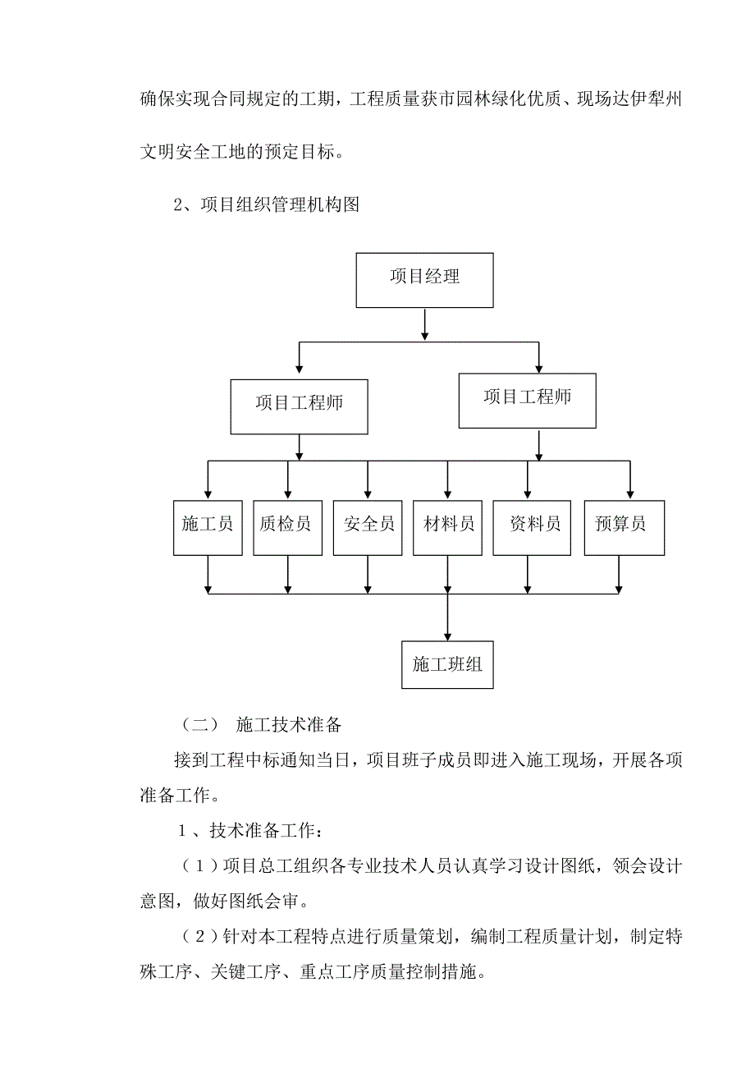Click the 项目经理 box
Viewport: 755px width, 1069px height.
(x=424, y=281)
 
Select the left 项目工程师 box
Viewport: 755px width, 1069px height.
(x=299, y=406)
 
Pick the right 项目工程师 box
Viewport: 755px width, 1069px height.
(x=527, y=401)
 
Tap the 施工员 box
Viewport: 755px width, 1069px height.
(x=208, y=526)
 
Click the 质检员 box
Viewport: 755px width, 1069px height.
(x=286, y=526)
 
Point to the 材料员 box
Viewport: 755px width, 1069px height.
(x=447, y=526)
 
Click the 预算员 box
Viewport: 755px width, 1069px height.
(x=624, y=526)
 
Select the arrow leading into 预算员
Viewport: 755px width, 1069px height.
(x=629, y=480)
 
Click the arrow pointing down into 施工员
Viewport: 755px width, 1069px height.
(x=208, y=480)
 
